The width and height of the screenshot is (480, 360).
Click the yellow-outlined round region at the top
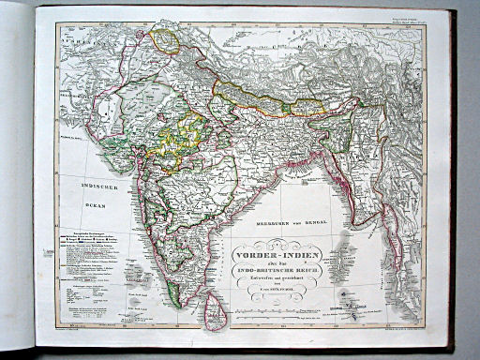click(167, 40)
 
